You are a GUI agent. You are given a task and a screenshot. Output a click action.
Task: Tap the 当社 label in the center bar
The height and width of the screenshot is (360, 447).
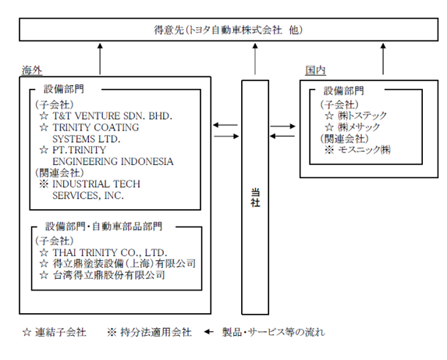(x=255, y=198)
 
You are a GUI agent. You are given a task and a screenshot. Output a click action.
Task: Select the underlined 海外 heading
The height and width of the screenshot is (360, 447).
(x=32, y=70)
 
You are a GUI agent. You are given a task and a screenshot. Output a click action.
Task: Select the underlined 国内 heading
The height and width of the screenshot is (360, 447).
(x=315, y=70)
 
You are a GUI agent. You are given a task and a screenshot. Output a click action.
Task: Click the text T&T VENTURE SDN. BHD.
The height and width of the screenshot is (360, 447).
(x=112, y=116)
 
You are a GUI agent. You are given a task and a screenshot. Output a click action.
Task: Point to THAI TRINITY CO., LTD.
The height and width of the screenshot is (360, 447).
(x=110, y=252)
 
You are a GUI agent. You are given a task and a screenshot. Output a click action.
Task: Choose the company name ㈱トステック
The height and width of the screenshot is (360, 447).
(x=362, y=116)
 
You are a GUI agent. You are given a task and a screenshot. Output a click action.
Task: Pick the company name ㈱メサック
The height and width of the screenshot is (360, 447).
(x=359, y=127)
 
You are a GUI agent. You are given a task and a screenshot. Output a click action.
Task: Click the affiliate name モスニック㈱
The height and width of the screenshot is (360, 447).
(x=364, y=149)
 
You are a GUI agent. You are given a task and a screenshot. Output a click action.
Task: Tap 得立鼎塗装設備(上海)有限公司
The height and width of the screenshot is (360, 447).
(x=124, y=264)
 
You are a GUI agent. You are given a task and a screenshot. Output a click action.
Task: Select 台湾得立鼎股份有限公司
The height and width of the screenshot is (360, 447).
(x=109, y=275)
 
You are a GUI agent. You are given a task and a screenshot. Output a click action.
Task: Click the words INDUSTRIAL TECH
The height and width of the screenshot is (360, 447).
(x=97, y=184)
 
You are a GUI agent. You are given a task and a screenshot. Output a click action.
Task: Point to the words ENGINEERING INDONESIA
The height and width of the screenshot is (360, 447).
(x=113, y=162)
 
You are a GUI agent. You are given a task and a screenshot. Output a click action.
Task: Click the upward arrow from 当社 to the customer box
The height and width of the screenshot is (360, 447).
(x=255, y=59)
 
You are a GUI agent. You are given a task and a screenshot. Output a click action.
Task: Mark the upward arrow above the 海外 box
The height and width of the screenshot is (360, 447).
(x=100, y=59)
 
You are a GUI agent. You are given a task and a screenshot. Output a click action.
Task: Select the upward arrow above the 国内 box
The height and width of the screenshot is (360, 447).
(x=383, y=59)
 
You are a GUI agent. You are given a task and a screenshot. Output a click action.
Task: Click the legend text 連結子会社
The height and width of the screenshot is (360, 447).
(x=60, y=332)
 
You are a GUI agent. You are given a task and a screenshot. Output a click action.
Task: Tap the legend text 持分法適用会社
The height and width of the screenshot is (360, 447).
(x=156, y=332)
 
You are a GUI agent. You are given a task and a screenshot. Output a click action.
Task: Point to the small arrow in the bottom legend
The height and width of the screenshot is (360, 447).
(x=208, y=332)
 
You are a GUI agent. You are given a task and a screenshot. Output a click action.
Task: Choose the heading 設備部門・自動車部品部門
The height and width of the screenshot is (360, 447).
(x=104, y=226)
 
